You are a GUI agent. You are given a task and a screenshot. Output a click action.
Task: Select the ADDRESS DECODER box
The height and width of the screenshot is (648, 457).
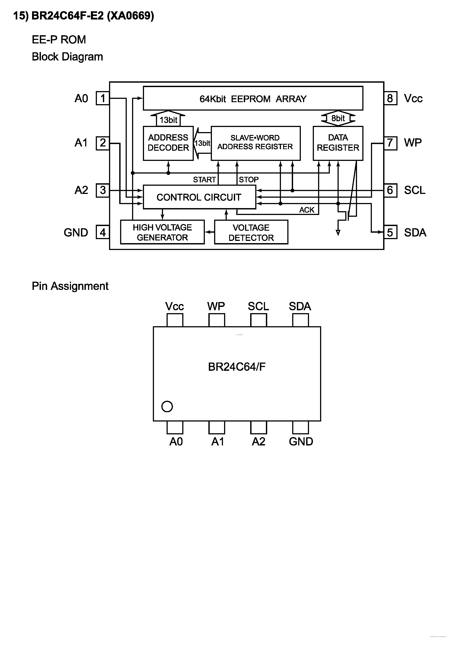pyautogui.click(x=168, y=143)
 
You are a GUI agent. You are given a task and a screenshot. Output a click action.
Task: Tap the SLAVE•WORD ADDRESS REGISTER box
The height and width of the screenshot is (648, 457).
pyautogui.click(x=255, y=143)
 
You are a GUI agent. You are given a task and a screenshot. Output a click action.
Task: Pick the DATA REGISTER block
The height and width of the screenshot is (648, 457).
pyautogui.click(x=338, y=143)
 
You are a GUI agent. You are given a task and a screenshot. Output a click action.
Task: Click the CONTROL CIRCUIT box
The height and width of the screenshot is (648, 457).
pyautogui.click(x=199, y=197)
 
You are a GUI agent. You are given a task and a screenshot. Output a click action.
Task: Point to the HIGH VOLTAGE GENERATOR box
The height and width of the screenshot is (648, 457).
pyautogui.click(x=162, y=232)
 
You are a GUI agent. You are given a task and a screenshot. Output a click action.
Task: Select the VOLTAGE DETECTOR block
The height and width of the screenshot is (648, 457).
pyautogui.click(x=251, y=232)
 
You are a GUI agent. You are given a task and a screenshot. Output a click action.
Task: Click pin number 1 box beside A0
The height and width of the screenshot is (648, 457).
pyautogui.click(x=103, y=98)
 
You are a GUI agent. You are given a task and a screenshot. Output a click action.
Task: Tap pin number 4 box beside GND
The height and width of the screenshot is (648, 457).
pyautogui.click(x=103, y=232)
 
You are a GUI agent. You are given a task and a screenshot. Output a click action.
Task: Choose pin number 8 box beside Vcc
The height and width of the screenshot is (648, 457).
pyautogui.click(x=390, y=98)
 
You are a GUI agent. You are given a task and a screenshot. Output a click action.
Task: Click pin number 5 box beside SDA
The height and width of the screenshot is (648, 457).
pyautogui.click(x=390, y=232)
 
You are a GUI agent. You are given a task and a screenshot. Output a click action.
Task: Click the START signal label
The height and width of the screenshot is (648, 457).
pyautogui.click(x=204, y=180)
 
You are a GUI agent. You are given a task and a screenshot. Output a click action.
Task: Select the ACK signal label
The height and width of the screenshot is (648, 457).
pyautogui.click(x=307, y=210)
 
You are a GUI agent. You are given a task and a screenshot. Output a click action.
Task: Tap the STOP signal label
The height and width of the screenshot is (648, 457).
pyautogui.click(x=248, y=180)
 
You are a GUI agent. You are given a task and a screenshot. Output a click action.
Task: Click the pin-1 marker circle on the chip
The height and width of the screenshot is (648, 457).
pyautogui.click(x=167, y=406)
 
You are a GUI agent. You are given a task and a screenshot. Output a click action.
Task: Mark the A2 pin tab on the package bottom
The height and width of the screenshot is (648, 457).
pyautogui.click(x=258, y=427)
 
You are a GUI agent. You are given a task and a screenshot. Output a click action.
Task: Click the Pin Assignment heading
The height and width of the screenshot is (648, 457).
pyautogui.click(x=70, y=286)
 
